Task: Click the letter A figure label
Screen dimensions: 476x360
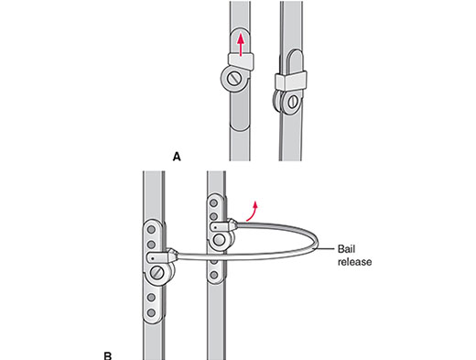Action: pos(177,157)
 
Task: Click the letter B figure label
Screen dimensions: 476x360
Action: pos(108,355)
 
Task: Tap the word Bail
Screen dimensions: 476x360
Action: pos(346,249)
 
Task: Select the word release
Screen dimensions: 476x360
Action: pos(354,262)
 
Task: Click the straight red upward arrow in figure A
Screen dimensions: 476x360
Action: pos(241,45)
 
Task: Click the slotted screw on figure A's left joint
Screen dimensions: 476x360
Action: pos(234,80)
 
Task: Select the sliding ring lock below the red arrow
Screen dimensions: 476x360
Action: pos(241,60)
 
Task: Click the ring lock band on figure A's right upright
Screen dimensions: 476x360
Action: pos(291,81)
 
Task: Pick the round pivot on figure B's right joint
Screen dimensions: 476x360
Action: pos(219,240)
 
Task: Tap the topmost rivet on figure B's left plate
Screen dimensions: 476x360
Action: pos(151,230)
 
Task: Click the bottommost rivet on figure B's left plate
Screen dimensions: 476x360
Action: pos(151,312)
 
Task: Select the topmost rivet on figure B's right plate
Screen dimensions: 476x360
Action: pos(214,203)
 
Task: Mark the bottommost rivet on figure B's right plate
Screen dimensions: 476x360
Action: pos(214,275)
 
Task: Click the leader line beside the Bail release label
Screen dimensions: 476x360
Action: pos(325,249)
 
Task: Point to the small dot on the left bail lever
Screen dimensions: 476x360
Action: pos(153,258)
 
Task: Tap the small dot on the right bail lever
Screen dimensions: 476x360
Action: pos(216,227)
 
